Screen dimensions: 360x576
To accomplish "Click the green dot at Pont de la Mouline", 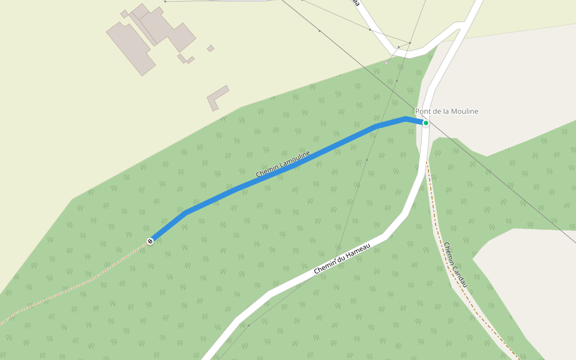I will click(x=425, y=123).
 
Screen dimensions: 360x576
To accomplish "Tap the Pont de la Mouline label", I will click(x=446, y=112).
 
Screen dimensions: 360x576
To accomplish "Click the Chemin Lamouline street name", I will click(x=283, y=164).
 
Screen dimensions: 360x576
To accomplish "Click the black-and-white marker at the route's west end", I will click(x=150, y=241).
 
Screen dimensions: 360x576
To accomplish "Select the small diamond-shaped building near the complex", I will click(x=211, y=48).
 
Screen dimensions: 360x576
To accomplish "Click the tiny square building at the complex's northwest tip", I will click(x=124, y=14).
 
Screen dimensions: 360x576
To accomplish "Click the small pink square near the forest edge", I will click(x=387, y=62).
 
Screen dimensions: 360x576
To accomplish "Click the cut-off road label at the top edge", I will click(x=356, y=3).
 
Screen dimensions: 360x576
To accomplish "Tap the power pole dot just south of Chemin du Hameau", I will click(x=248, y=325).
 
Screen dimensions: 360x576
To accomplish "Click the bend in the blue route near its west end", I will click(x=187, y=212).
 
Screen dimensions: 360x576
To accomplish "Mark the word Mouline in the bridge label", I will click(x=465, y=112).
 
